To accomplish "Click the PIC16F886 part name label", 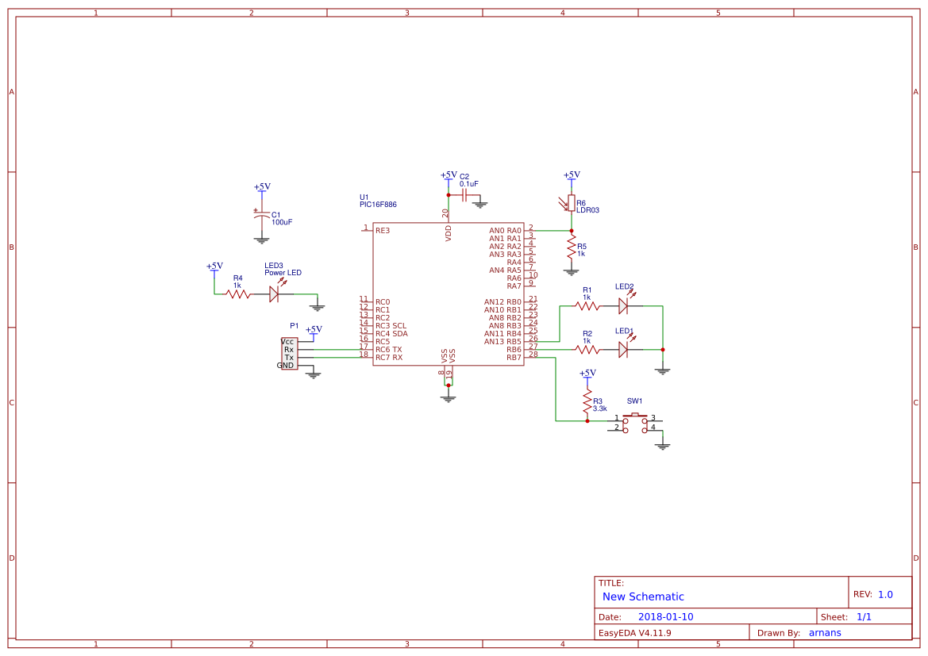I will point(378,205).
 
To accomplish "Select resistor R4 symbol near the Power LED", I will point(237,293).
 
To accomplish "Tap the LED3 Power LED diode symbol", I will point(274,293).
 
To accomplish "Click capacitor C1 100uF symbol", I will point(261,215).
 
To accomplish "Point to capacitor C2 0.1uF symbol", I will point(464,194).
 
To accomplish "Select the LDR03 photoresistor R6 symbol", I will point(571,204).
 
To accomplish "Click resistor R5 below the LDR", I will point(571,249).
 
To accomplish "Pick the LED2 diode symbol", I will point(623,305).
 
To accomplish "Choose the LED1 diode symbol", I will point(623,349).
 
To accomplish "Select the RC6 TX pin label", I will point(389,349).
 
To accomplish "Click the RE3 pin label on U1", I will point(383,230).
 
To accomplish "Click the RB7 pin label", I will point(514,357).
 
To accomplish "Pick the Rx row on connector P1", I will point(289,349).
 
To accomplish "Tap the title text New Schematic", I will point(643,597).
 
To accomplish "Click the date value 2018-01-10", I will point(665,616).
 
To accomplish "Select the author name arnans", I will point(825,632).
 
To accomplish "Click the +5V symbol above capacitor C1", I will point(262,187).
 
